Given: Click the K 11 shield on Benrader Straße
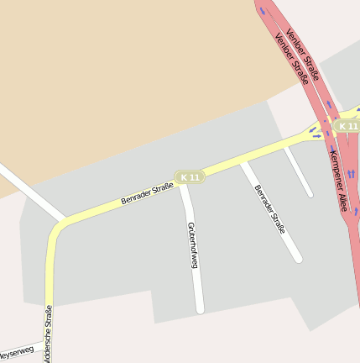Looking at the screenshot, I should pyautogui.click(x=190, y=177).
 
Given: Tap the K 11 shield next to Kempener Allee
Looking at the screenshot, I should pyautogui.click(x=347, y=125).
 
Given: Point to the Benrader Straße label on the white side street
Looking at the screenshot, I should pyautogui.click(x=270, y=208).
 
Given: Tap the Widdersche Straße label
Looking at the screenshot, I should pyautogui.click(x=49, y=336).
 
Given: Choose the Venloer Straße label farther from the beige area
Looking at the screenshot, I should pyautogui.click(x=303, y=55).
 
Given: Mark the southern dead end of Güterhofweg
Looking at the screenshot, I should pyautogui.click(x=200, y=310).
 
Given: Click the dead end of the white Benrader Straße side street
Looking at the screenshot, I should pyautogui.click(x=298, y=259).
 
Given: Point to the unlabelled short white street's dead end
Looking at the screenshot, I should pyautogui.click(x=310, y=194).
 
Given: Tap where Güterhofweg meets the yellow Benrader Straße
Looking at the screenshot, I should pyautogui.click(x=184, y=185).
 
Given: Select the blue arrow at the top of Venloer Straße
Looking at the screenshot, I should pyautogui.click(x=263, y=12).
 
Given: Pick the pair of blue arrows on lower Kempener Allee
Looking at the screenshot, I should pyautogui.click(x=351, y=173).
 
